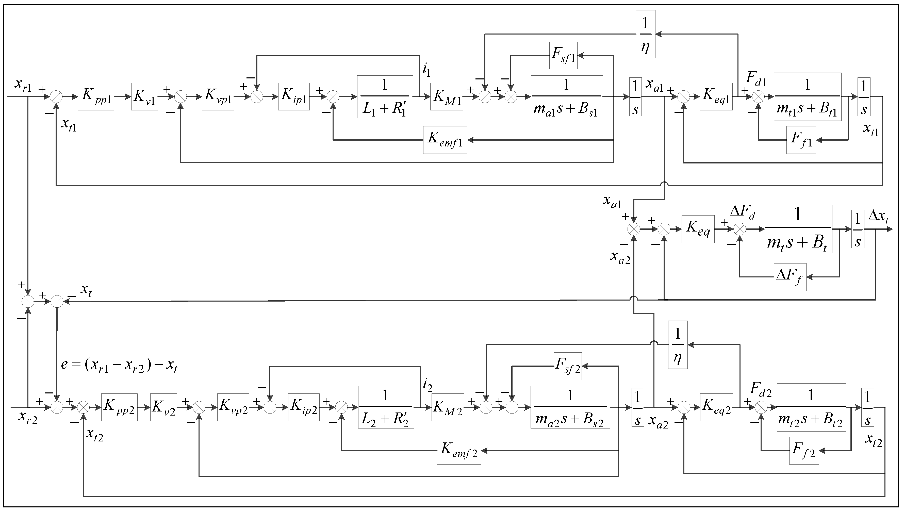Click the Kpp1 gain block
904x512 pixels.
[x=96, y=96]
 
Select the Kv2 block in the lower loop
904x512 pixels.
[x=163, y=407]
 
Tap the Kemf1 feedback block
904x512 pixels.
[x=445, y=140]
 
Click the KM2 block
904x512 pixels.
[x=447, y=407]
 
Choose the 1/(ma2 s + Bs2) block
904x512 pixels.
[x=570, y=407]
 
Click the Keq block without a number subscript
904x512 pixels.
[x=698, y=229]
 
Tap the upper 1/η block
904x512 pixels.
[x=645, y=34]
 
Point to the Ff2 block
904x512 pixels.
[x=804, y=451]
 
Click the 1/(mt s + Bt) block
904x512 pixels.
[x=798, y=229]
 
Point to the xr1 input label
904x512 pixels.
[x=23, y=84]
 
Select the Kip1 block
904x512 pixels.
[x=294, y=97]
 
